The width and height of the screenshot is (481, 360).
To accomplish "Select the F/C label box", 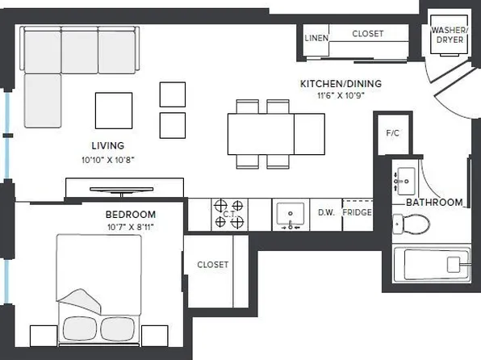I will point(393,133).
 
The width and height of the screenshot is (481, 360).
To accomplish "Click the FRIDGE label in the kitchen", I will point(356,213).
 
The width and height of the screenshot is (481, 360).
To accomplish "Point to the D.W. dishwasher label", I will point(326,213).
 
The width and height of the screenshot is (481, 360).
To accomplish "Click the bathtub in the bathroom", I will point(431,264).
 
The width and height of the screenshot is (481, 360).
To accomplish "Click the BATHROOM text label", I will point(434,203).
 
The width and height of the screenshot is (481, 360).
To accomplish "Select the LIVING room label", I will point(107,146).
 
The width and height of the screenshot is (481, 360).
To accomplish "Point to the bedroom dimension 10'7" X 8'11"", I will point(130,227).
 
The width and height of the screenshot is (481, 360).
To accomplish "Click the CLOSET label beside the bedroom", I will point(212,265).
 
